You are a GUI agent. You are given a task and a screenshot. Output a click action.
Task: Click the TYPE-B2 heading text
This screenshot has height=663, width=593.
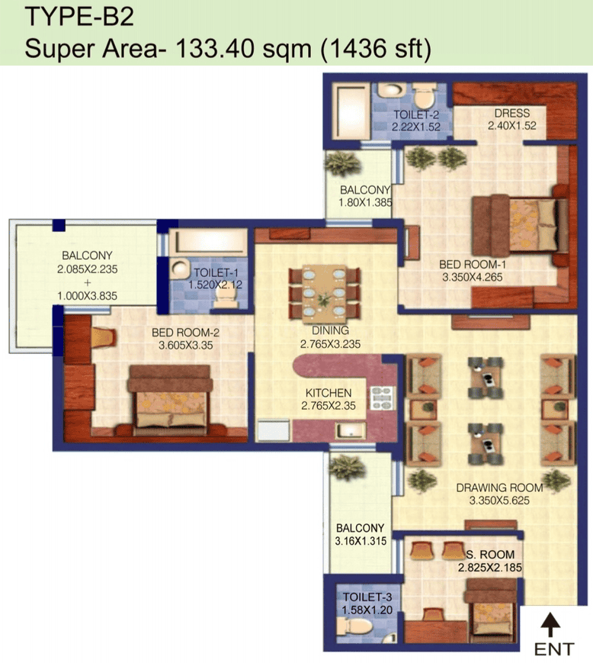[x=79, y=17]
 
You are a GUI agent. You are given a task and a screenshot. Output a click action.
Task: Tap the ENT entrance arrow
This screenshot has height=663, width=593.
[x=551, y=624]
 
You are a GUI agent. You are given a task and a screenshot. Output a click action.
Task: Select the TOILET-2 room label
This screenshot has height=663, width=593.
[x=416, y=114]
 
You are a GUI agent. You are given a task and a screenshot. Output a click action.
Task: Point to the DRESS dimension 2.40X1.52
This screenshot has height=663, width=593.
[x=512, y=126]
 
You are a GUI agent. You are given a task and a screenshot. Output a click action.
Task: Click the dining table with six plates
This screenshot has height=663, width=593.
[x=325, y=292]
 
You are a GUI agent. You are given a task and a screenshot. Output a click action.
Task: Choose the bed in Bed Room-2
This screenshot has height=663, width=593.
[x=170, y=400]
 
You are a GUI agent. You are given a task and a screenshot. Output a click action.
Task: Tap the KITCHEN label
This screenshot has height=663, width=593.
[x=329, y=393]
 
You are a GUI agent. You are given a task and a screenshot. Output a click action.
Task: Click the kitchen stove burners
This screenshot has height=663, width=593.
[x=381, y=398]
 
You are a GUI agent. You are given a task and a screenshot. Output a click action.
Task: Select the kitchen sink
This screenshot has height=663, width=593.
[x=350, y=431]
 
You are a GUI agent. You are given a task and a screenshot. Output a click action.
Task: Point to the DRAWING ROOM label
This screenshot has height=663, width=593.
[x=500, y=488]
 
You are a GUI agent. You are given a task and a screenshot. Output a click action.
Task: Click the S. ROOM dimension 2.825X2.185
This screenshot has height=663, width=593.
[x=490, y=568]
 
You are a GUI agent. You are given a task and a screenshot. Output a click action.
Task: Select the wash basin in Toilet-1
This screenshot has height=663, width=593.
[x=181, y=269]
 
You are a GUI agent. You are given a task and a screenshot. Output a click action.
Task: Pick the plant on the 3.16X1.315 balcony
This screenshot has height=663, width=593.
[x=347, y=468]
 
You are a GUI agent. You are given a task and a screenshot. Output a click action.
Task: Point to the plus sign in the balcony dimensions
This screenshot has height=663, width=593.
[x=88, y=282]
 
